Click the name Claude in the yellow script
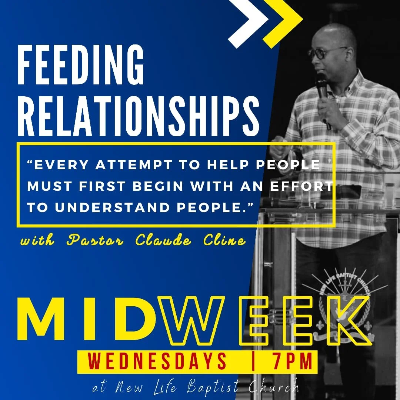point(164,241)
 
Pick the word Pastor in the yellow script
point(97,241)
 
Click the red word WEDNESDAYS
point(158,361)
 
